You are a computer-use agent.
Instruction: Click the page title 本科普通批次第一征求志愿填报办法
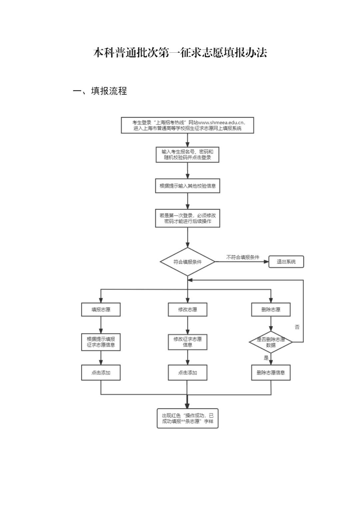click(180, 53)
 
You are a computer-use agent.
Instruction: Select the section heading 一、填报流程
click(100, 91)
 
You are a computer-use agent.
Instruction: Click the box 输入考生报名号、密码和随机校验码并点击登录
click(187, 155)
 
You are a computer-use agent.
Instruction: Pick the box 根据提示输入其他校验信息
click(187, 186)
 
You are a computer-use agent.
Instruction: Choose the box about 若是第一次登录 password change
click(187, 218)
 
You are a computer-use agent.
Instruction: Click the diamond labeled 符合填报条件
click(187, 262)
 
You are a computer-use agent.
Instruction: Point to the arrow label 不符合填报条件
click(243, 257)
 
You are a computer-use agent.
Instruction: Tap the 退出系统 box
click(286, 262)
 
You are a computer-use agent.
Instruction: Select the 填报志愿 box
click(101, 310)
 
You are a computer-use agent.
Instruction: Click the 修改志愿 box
click(187, 310)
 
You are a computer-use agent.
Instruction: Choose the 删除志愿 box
click(271, 310)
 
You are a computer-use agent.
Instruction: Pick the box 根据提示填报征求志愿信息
click(101, 342)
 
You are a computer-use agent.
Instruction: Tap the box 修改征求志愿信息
click(187, 342)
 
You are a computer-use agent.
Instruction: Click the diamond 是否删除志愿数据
click(271, 342)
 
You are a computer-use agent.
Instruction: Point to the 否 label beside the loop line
click(297, 327)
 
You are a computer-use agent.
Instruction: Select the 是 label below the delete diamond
click(266, 358)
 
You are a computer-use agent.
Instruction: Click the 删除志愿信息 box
click(271, 373)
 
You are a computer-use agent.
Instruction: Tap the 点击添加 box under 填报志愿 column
click(101, 373)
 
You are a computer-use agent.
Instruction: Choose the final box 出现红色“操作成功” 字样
click(187, 418)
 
